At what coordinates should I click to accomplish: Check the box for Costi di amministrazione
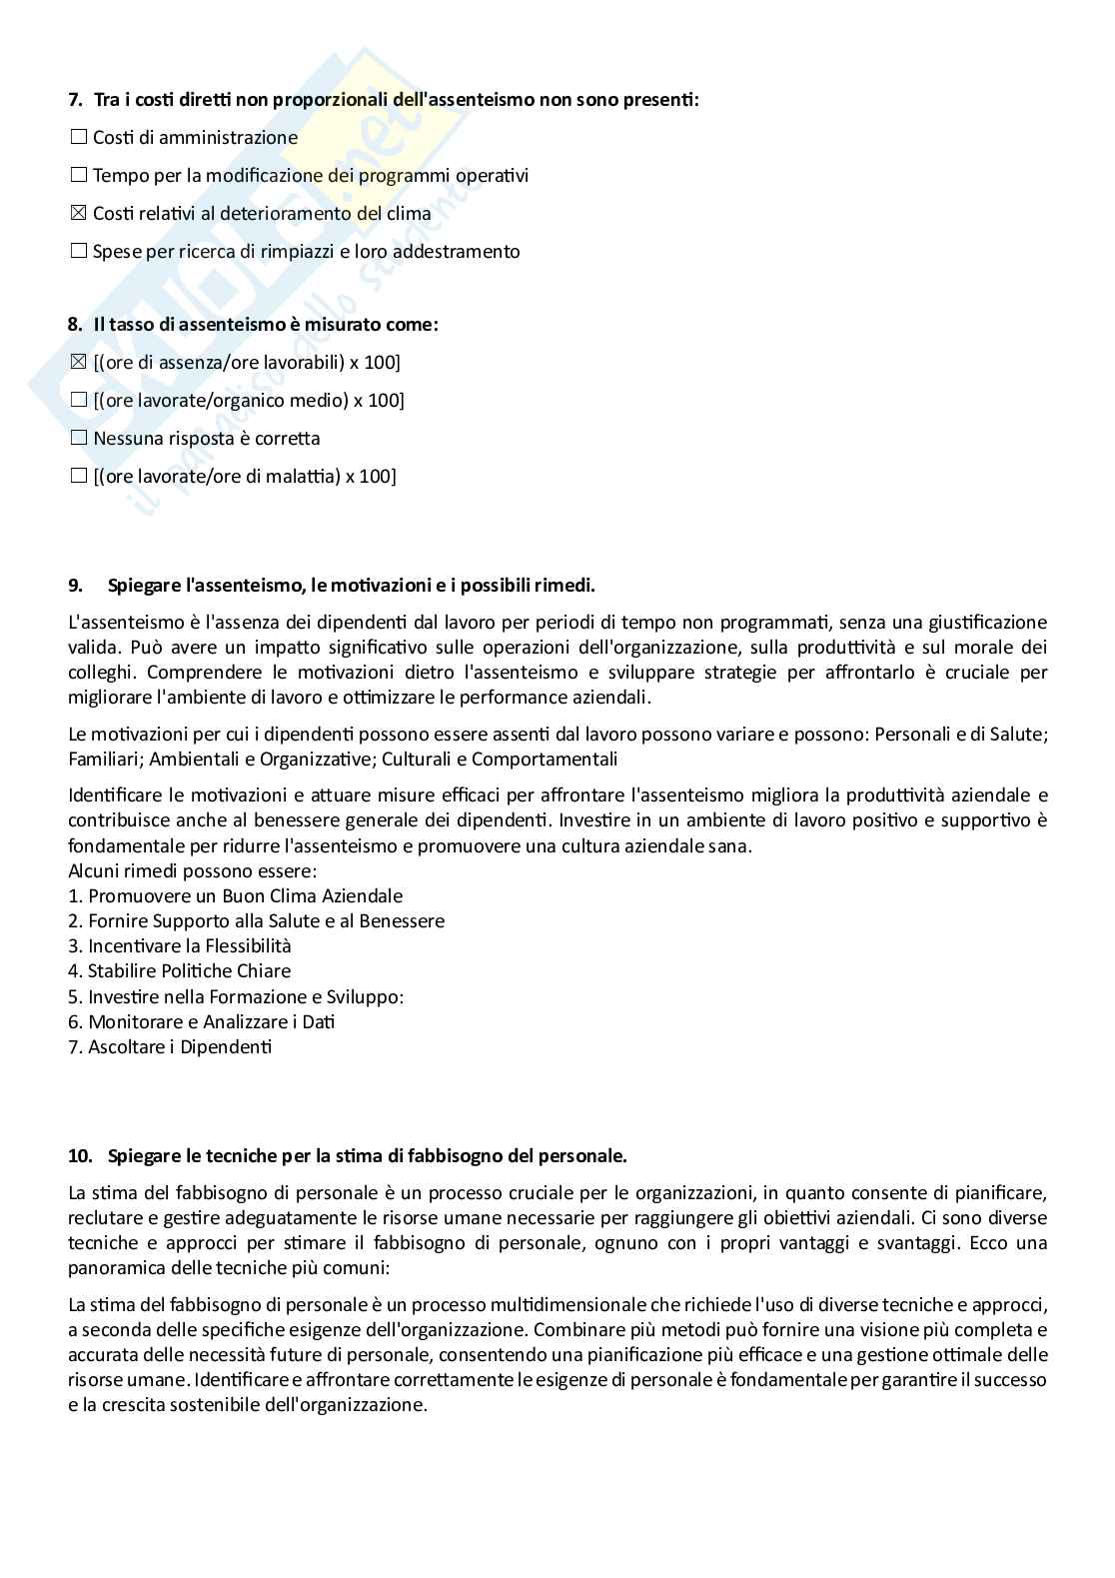pyautogui.click(x=79, y=138)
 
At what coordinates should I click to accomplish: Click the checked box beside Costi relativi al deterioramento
pyautogui.click(x=79, y=214)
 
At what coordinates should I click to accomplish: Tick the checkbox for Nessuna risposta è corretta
pyautogui.click(x=79, y=439)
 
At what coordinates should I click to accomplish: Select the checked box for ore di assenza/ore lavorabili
pyautogui.click(x=79, y=363)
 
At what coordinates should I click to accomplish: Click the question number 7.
pyautogui.click(x=75, y=100)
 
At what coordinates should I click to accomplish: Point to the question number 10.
pyautogui.click(x=80, y=1156)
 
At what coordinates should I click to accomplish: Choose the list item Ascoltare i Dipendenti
pyautogui.click(x=170, y=1047)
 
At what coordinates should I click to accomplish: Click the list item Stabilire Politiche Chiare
pyautogui.click(x=180, y=971)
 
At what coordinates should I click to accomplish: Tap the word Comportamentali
pyautogui.click(x=545, y=760)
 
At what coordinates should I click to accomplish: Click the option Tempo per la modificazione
pyautogui.click(x=311, y=176)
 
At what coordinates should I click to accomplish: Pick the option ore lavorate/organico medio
pyautogui.click(x=249, y=401)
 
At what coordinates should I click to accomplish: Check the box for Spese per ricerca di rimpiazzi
pyautogui.click(x=79, y=252)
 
